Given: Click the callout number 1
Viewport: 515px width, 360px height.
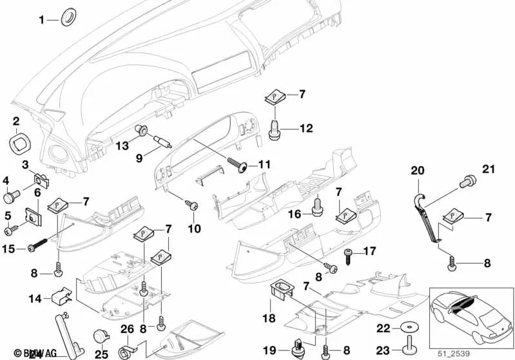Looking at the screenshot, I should click(42, 20).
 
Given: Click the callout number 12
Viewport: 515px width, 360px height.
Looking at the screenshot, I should click(305, 129).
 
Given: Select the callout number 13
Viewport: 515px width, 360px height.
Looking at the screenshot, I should click(122, 146).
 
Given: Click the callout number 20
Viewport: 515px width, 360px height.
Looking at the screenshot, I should click(418, 171).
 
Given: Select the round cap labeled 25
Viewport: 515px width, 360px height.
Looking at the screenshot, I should click(101, 337).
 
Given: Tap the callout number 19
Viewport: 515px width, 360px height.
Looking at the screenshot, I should click(269, 350).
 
